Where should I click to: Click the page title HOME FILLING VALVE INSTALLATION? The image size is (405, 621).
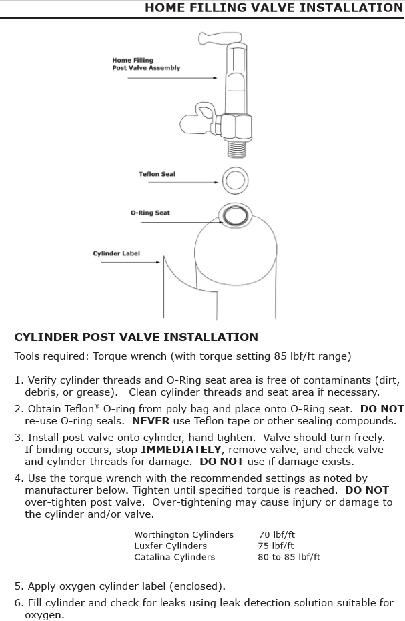coord(274,8)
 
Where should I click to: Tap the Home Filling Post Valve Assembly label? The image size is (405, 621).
coord(146,64)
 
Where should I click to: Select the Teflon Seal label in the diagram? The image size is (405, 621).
coord(157,175)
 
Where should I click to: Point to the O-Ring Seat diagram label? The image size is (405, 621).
coord(150,213)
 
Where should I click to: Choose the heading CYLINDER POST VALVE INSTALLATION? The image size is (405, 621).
coord(136,337)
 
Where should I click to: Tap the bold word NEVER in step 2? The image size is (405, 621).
coord(151,421)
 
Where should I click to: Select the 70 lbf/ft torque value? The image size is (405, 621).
coord(276,534)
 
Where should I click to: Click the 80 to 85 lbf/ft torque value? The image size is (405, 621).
coord(289,556)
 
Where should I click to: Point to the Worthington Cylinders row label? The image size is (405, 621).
coord(183,534)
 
